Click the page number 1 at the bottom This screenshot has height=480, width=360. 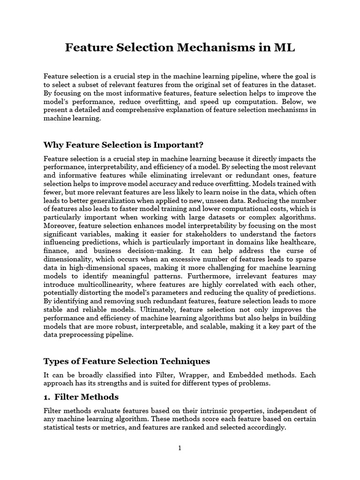(x=180, y=448)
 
